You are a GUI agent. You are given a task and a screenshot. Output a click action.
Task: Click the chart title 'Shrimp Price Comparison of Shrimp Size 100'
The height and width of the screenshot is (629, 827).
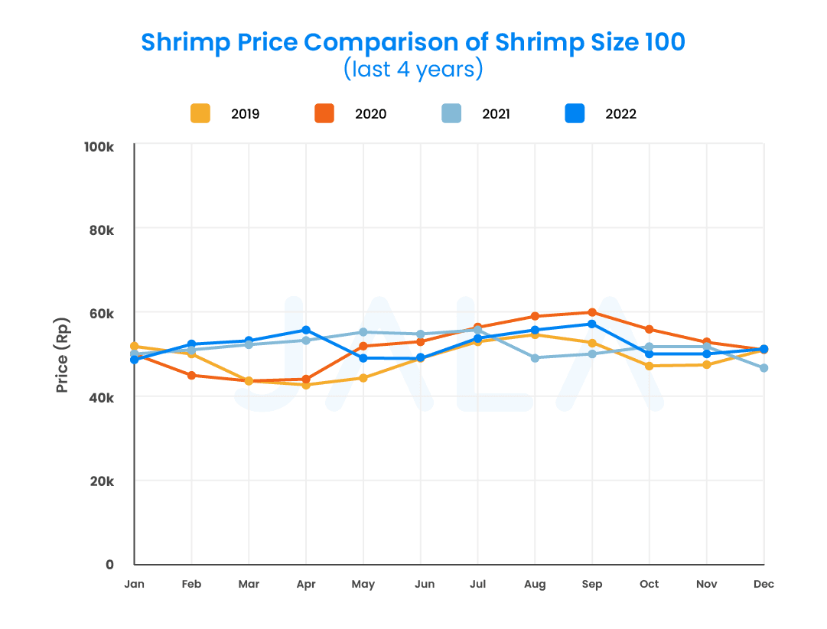pos(413,41)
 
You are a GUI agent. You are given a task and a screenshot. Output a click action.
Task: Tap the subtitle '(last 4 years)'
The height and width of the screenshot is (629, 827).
pos(413,70)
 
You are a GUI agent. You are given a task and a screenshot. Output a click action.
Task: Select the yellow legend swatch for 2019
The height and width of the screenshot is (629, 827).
pos(200,114)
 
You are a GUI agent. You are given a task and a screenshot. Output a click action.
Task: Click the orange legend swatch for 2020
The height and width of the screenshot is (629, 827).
pos(324,114)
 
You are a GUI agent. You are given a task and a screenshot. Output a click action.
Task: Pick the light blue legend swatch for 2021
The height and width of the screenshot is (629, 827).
pos(451,114)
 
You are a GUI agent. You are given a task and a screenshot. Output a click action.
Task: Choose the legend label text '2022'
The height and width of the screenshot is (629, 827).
pos(620,115)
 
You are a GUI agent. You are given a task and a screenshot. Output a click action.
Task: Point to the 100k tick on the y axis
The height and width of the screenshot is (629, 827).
pos(99,145)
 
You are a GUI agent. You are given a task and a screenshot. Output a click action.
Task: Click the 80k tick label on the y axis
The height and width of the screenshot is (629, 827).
pos(100,229)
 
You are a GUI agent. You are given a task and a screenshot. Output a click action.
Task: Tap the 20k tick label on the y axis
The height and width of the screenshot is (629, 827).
pos(100,481)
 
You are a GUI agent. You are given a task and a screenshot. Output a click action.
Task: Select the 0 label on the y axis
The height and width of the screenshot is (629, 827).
pos(109,565)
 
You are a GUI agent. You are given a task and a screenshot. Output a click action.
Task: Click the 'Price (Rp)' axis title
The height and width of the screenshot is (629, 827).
pos(63,354)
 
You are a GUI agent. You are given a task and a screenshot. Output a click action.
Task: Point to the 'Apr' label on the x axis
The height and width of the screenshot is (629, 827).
pos(306,585)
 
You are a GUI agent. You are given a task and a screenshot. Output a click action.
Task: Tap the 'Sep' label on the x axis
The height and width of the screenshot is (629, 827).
pos(592,585)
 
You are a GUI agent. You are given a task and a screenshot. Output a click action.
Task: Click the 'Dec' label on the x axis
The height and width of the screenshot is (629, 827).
pos(764,585)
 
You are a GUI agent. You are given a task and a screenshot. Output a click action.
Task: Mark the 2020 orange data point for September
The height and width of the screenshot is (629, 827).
pos(592,312)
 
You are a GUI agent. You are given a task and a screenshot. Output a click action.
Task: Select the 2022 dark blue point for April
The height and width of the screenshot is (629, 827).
pos(306,330)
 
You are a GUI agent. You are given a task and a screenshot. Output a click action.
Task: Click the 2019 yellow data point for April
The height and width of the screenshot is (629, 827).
pos(306,385)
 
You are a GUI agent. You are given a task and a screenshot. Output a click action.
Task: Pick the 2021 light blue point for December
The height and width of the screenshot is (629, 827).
pos(764,368)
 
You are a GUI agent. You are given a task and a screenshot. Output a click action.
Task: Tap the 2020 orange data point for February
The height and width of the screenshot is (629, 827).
pos(191,375)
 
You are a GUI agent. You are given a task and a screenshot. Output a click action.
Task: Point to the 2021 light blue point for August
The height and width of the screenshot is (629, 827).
pos(535,358)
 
